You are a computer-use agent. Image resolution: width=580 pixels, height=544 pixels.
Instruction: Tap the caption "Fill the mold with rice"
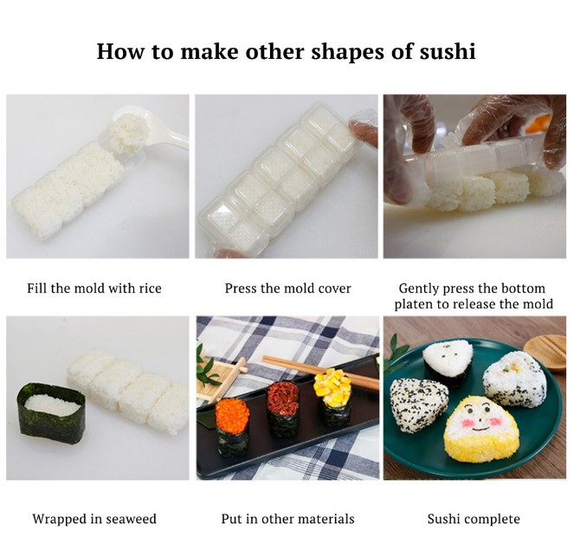[94, 288]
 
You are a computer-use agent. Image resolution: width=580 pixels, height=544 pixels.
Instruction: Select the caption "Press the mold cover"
[287, 288]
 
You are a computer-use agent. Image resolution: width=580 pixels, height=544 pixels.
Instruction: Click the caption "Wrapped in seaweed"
[94, 519]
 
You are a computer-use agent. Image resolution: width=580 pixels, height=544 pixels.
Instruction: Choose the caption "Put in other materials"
[287, 519]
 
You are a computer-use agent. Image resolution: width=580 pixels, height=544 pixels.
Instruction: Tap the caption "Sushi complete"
[474, 519]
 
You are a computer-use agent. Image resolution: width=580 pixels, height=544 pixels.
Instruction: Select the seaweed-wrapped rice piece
[50, 412]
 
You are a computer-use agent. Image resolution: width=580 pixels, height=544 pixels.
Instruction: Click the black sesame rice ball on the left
[417, 403]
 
